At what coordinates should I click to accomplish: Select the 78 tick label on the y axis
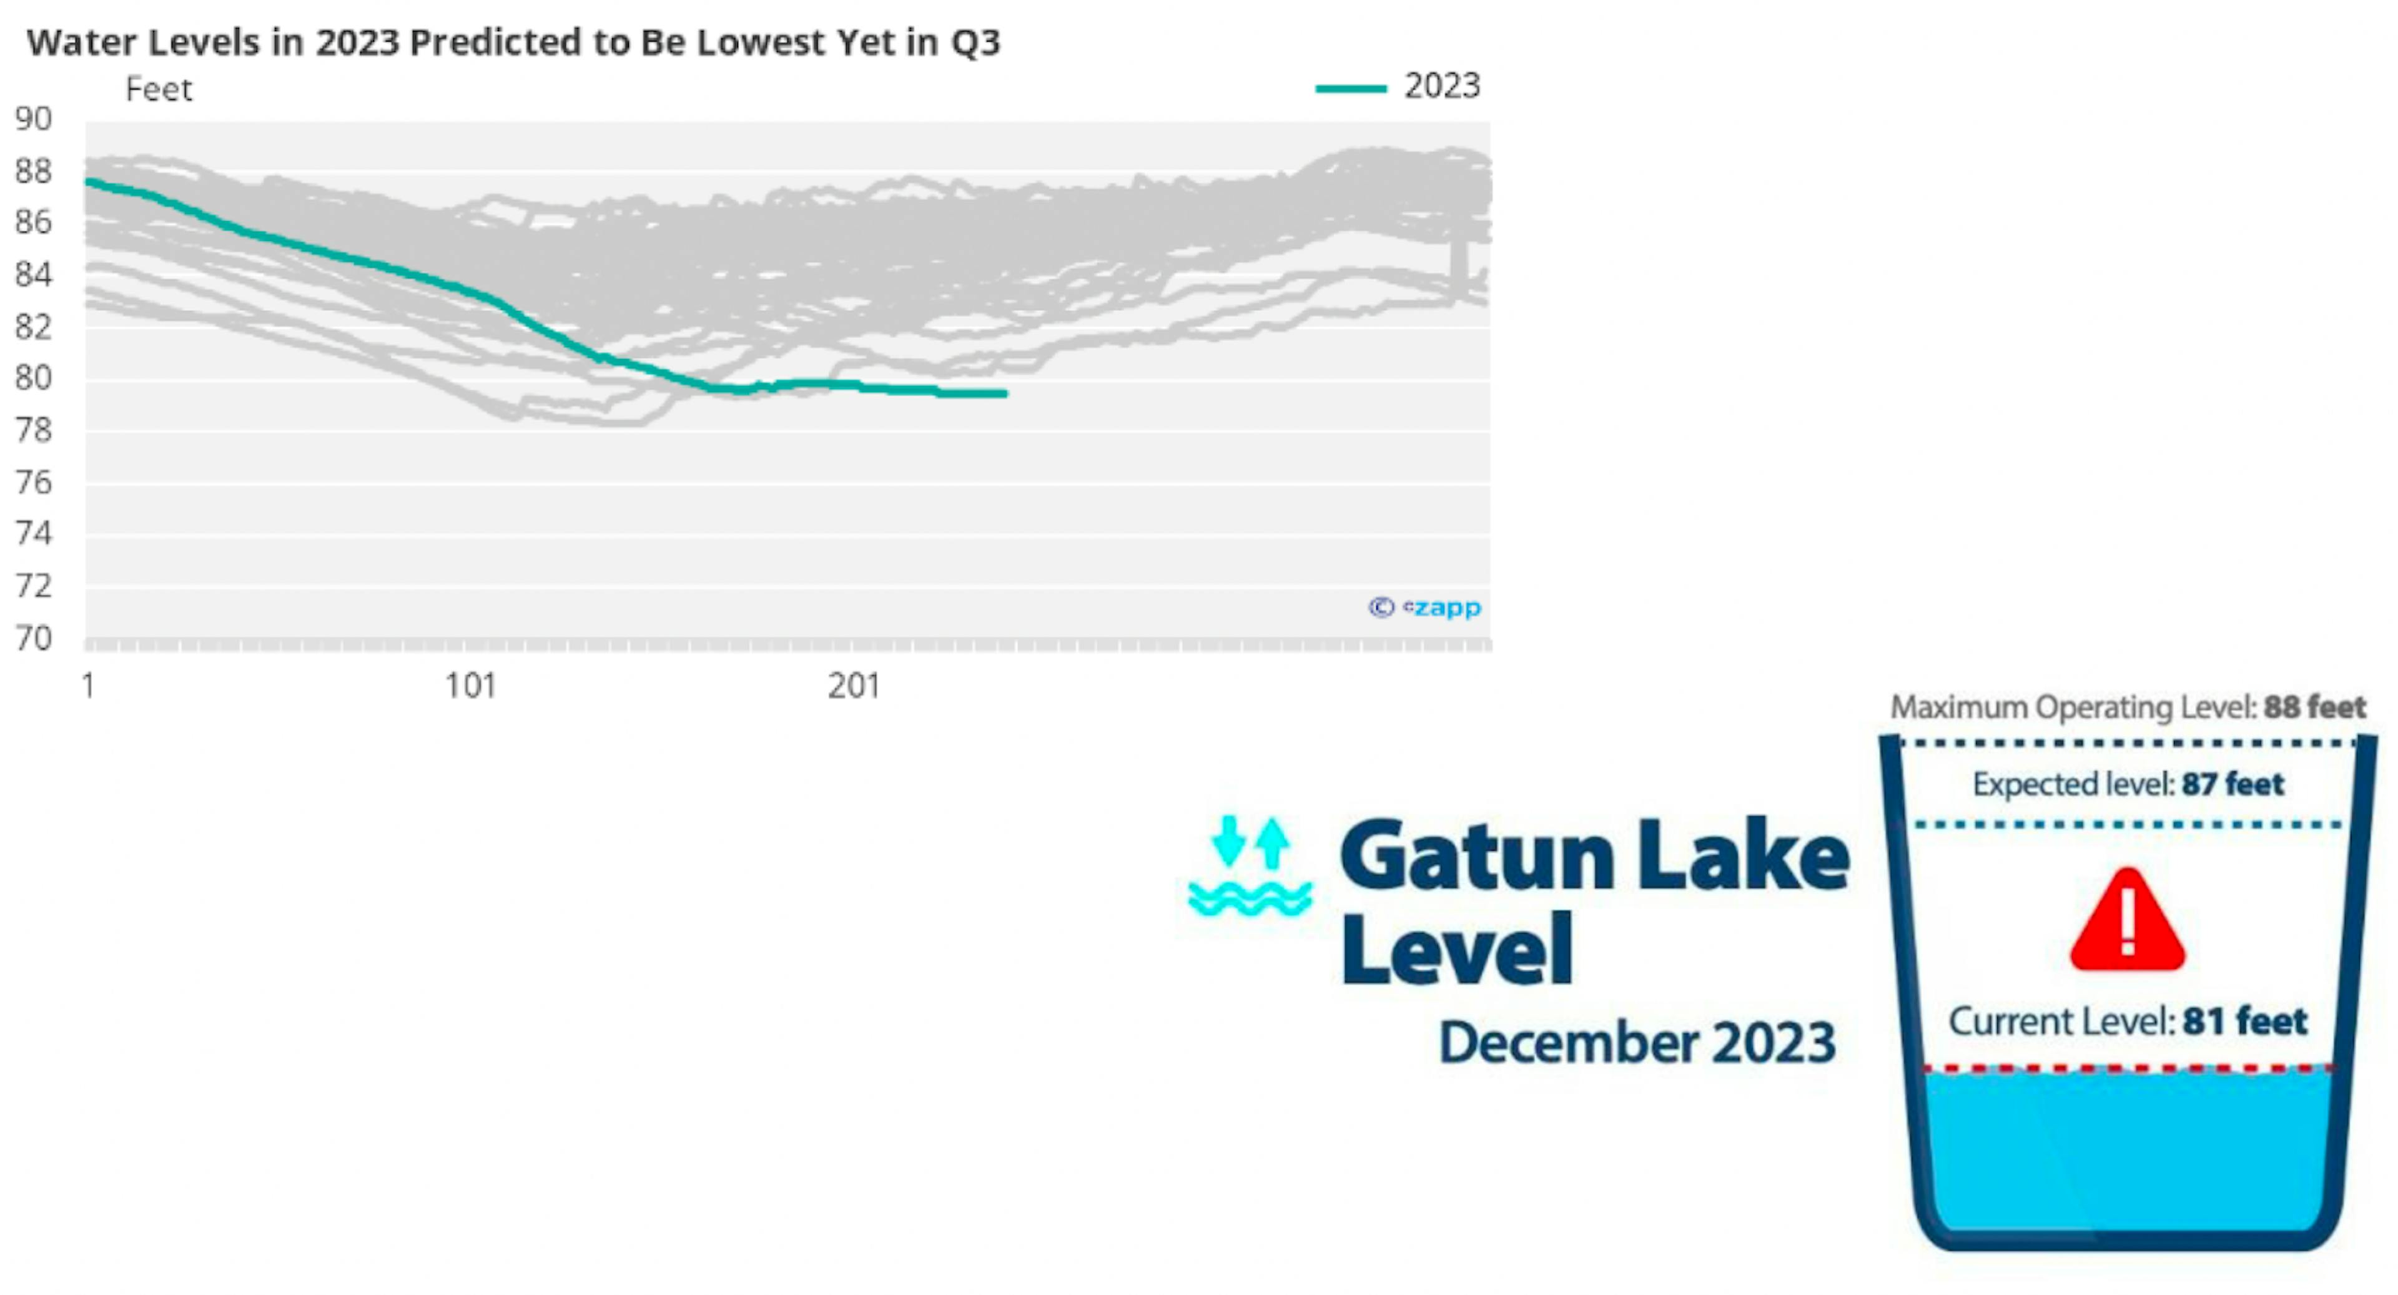pyautogui.click(x=32, y=430)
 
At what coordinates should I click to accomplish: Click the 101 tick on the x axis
pyautogui.click(x=470, y=687)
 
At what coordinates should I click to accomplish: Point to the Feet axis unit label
pyautogui.click(x=158, y=89)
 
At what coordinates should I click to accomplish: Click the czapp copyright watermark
pyautogui.click(x=1424, y=608)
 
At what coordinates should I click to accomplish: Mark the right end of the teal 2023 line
pyautogui.click(x=1005, y=394)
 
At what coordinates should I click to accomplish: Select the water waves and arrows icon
pyautogui.click(x=1250, y=866)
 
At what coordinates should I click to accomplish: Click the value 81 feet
pyautogui.click(x=2244, y=1022)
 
